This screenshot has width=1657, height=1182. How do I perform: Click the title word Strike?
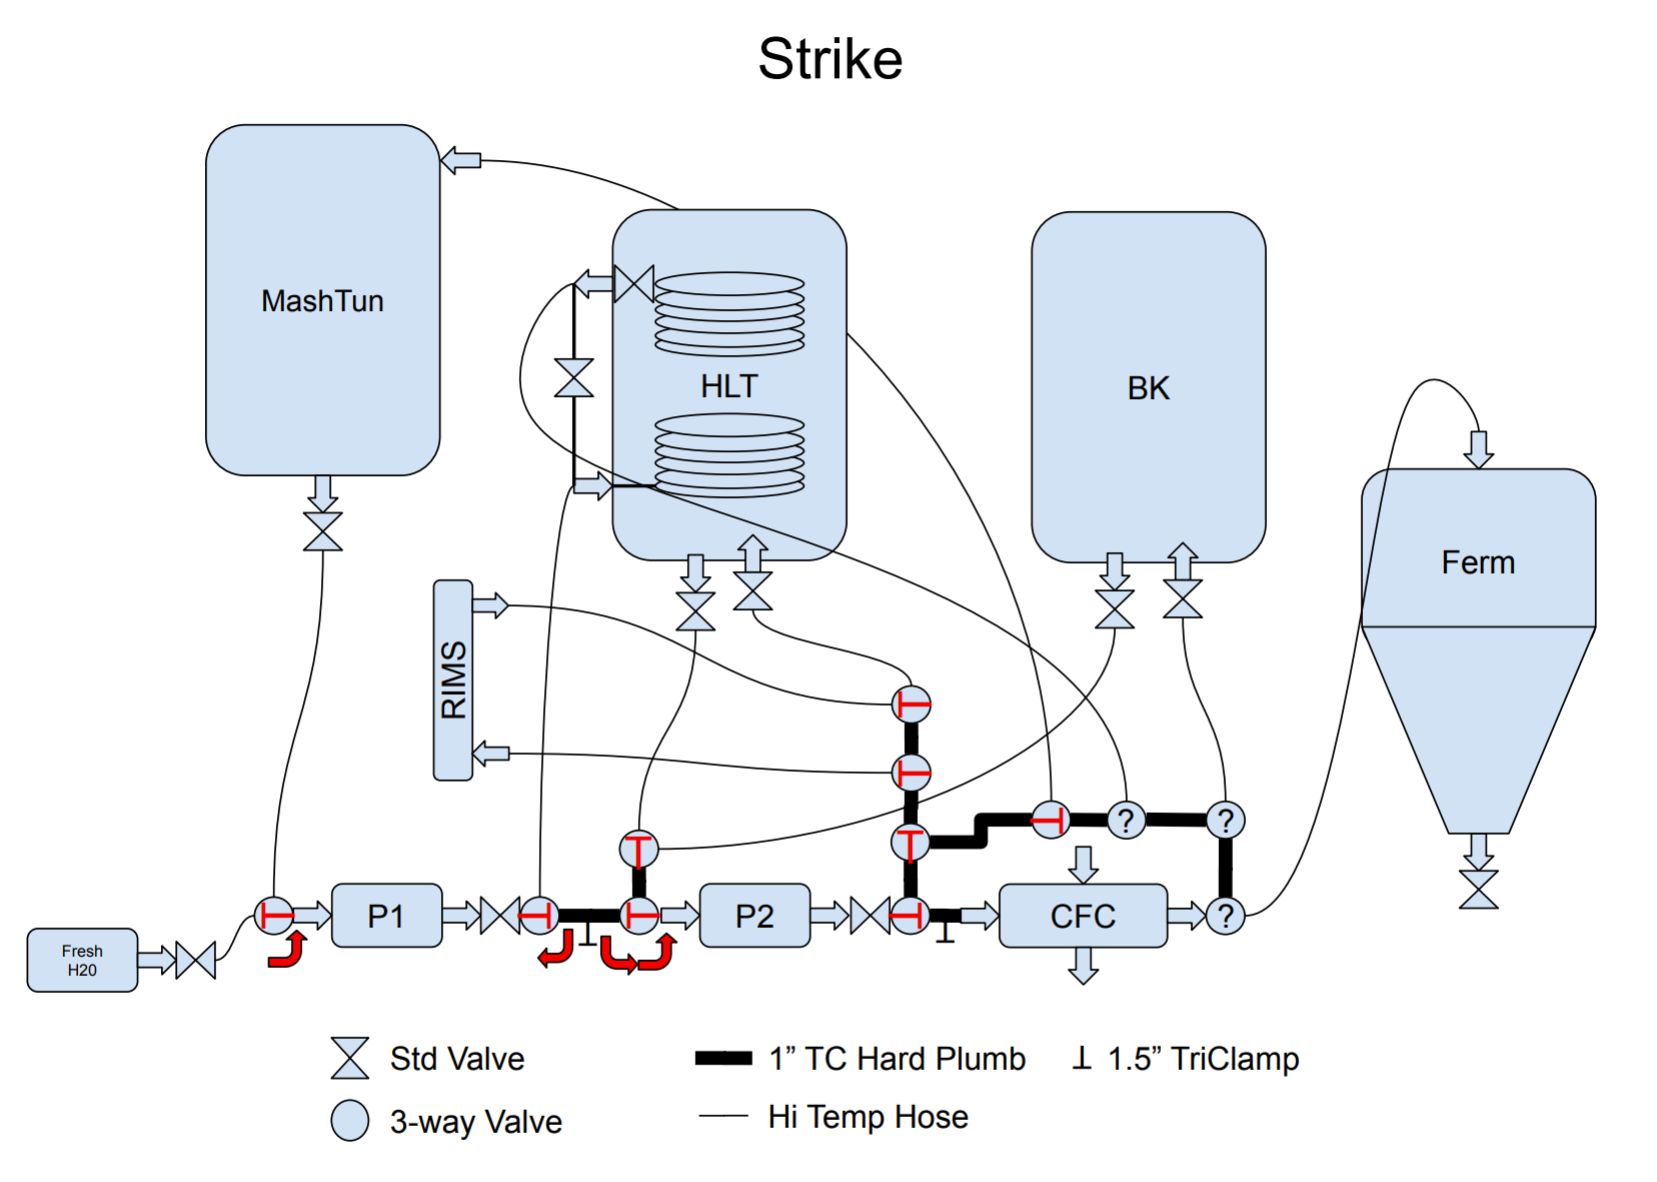coord(830,59)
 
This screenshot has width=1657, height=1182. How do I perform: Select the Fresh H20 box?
coord(82,960)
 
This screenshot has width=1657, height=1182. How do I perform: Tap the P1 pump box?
coord(386,915)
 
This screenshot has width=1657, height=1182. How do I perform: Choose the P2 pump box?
coord(754,915)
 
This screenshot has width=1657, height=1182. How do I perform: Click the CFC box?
coord(1082,915)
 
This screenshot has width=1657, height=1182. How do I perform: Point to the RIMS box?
coord(453,680)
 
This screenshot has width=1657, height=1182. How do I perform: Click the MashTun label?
coord(322,301)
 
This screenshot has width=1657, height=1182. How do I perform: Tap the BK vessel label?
coord(1148,388)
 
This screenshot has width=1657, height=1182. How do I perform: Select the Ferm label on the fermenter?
coord(1477,562)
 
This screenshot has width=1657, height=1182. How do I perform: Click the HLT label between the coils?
coord(729,386)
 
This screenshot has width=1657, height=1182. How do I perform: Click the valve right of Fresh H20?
coord(196,960)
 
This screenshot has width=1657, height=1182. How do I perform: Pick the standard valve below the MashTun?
coord(322,532)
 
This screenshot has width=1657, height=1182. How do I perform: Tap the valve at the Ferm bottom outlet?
coord(1478,889)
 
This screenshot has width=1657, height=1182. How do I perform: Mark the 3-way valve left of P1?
coord(274,915)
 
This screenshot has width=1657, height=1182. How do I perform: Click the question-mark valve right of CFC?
coord(1225,915)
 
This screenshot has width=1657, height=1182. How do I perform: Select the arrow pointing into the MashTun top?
coord(461,160)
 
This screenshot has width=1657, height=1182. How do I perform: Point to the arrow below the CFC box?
coord(1083,966)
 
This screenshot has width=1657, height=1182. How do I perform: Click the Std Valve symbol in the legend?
coord(350,1058)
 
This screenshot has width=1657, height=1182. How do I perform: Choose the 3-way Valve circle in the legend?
coord(350,1121)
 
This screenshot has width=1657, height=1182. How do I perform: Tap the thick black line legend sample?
coord(724,1058)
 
